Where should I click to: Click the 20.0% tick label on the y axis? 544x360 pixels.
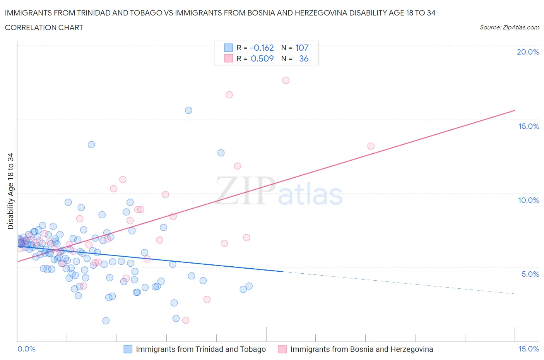click(528, 52)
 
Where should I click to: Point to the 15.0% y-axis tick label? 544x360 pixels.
click(529, 126)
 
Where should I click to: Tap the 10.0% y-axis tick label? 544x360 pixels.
click(529, 200)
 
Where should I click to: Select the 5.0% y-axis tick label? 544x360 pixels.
click(530, 274)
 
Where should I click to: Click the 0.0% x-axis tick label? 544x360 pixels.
click(26, 349)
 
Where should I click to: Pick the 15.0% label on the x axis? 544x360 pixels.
click(529, 349)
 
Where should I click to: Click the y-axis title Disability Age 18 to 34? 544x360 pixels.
click(10, 191)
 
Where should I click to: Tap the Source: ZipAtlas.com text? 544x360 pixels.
click(509, 27)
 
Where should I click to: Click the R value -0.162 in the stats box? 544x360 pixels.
click(262, 48)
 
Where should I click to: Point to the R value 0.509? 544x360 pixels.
click(262, 58)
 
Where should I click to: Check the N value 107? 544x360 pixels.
click(302, 48)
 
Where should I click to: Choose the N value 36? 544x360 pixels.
click(304, 58)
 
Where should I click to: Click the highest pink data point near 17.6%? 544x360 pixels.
click(286, 80)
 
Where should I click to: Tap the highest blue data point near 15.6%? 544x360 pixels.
click(188, 110)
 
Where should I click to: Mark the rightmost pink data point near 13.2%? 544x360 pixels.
click(371, 146)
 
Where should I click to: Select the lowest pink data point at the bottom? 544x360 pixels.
click(185, 320)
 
